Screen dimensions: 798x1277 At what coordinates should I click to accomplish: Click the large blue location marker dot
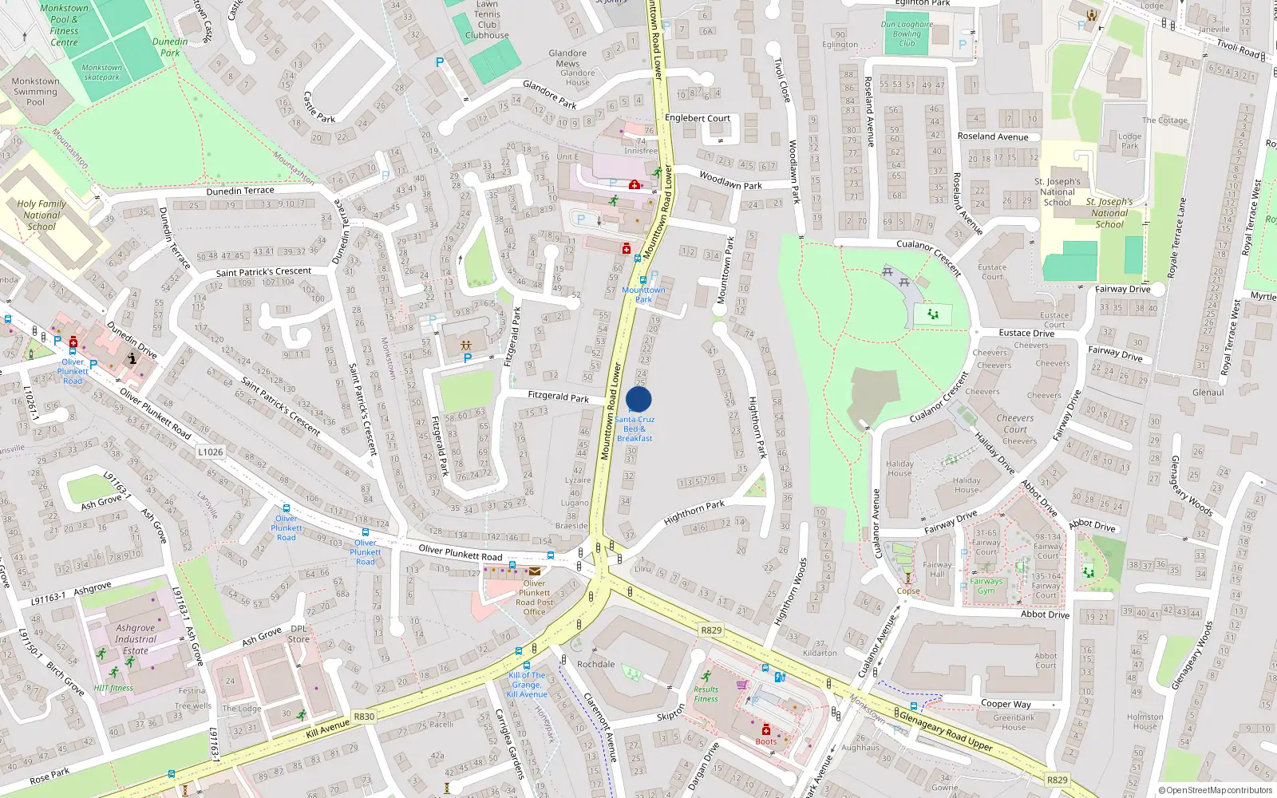tap(638, 399)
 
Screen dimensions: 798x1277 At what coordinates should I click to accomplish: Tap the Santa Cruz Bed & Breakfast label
tap(635, 429)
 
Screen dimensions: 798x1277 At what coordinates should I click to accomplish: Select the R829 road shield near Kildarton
tap(711, 630)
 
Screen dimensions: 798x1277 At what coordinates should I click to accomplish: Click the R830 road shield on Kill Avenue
tap(364, 717)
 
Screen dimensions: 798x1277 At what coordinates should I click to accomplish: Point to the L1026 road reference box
tap(211, 452)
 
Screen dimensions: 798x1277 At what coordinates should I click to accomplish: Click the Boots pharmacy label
tap(765, 741)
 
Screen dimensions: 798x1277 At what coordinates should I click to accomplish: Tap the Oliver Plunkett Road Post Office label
tap(534, 598)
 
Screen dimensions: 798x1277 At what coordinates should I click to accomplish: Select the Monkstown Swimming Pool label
tap(36, 91)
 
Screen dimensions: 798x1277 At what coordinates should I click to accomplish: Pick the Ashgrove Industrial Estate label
tap(136, 639)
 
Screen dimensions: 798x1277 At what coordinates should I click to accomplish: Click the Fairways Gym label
tap(986, 586)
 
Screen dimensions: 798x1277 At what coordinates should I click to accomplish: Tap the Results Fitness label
tap(706, 694)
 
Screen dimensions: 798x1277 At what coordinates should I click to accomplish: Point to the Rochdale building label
tap(595, 664)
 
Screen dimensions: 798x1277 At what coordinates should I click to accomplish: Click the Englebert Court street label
tap(698, 118)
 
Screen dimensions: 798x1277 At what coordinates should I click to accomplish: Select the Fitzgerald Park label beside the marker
tap(559, 396)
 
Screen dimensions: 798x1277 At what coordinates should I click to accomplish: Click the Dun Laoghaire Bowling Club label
tap(907, 34)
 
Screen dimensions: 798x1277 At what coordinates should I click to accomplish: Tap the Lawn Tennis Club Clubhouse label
tap(487, 20)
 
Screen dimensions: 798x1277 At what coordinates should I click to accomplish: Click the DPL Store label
tap(298, 634)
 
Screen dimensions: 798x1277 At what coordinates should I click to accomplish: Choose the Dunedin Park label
tap(170, 47)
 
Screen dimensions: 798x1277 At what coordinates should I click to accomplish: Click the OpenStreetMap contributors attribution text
tap(1216, 790)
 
